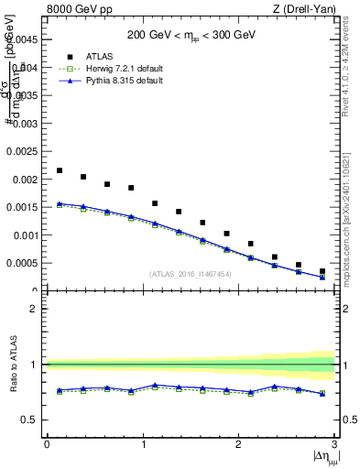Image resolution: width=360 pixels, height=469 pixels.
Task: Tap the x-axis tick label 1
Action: point(142,444)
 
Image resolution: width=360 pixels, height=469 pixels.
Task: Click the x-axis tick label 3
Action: point(334,444)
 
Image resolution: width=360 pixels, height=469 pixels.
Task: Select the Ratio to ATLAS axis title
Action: point(12,364)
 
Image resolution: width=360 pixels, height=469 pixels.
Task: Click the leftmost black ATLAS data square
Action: point(60,170)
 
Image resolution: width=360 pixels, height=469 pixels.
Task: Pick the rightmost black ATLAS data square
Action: point(322,271)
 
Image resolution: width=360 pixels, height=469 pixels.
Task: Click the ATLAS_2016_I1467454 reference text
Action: point(191,274)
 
